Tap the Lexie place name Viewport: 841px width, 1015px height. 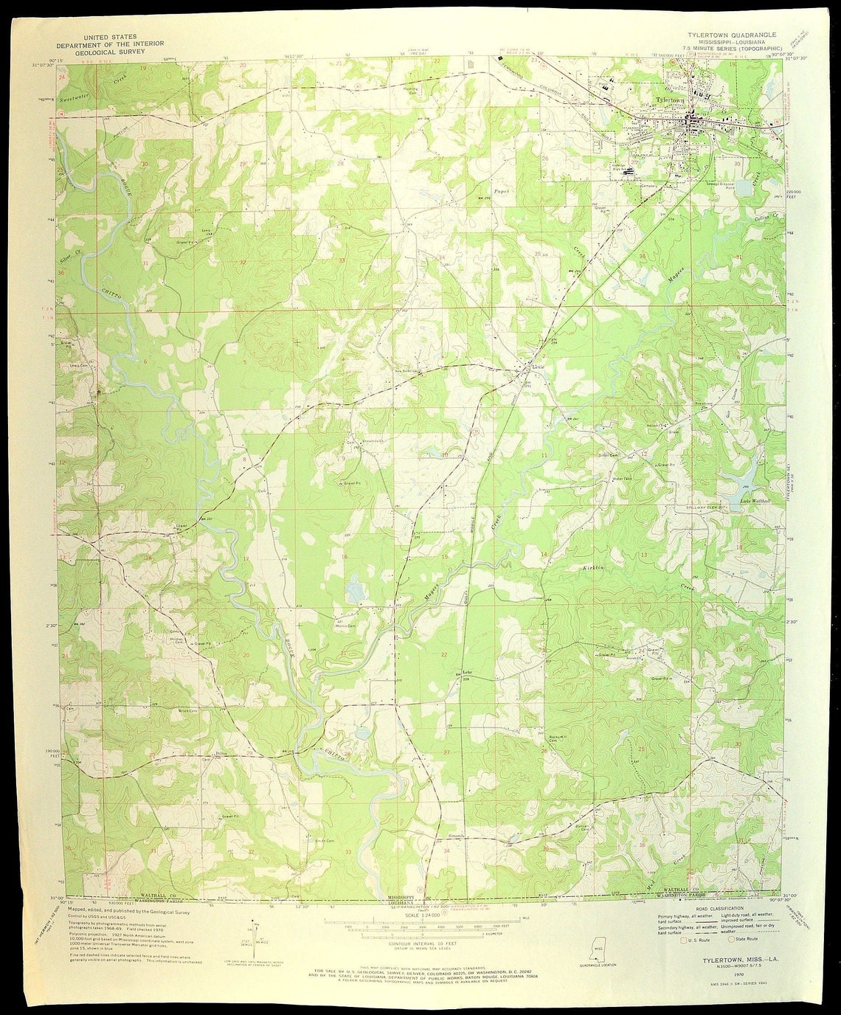coord(539,367)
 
